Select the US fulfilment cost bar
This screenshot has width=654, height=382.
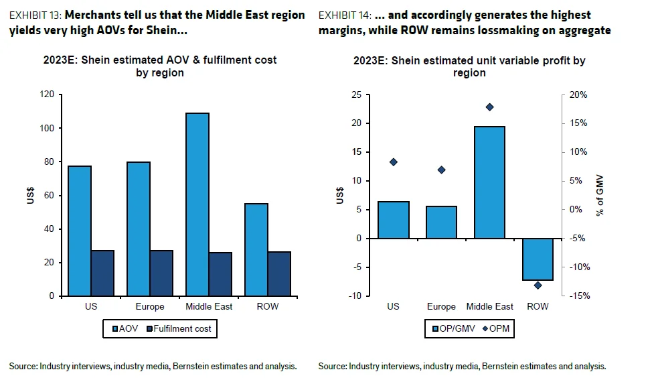102,273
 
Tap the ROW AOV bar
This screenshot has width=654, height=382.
256,249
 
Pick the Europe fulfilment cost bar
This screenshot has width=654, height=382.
161,273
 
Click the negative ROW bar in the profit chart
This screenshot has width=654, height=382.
538,259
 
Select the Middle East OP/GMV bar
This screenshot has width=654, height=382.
490,182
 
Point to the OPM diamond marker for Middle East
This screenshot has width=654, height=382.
489,107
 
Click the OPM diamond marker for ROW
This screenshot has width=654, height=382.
538,285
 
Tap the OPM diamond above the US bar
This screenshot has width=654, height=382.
393,162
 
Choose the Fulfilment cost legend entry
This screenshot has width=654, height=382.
179,328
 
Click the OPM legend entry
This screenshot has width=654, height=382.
495,328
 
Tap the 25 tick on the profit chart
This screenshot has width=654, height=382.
356,94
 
